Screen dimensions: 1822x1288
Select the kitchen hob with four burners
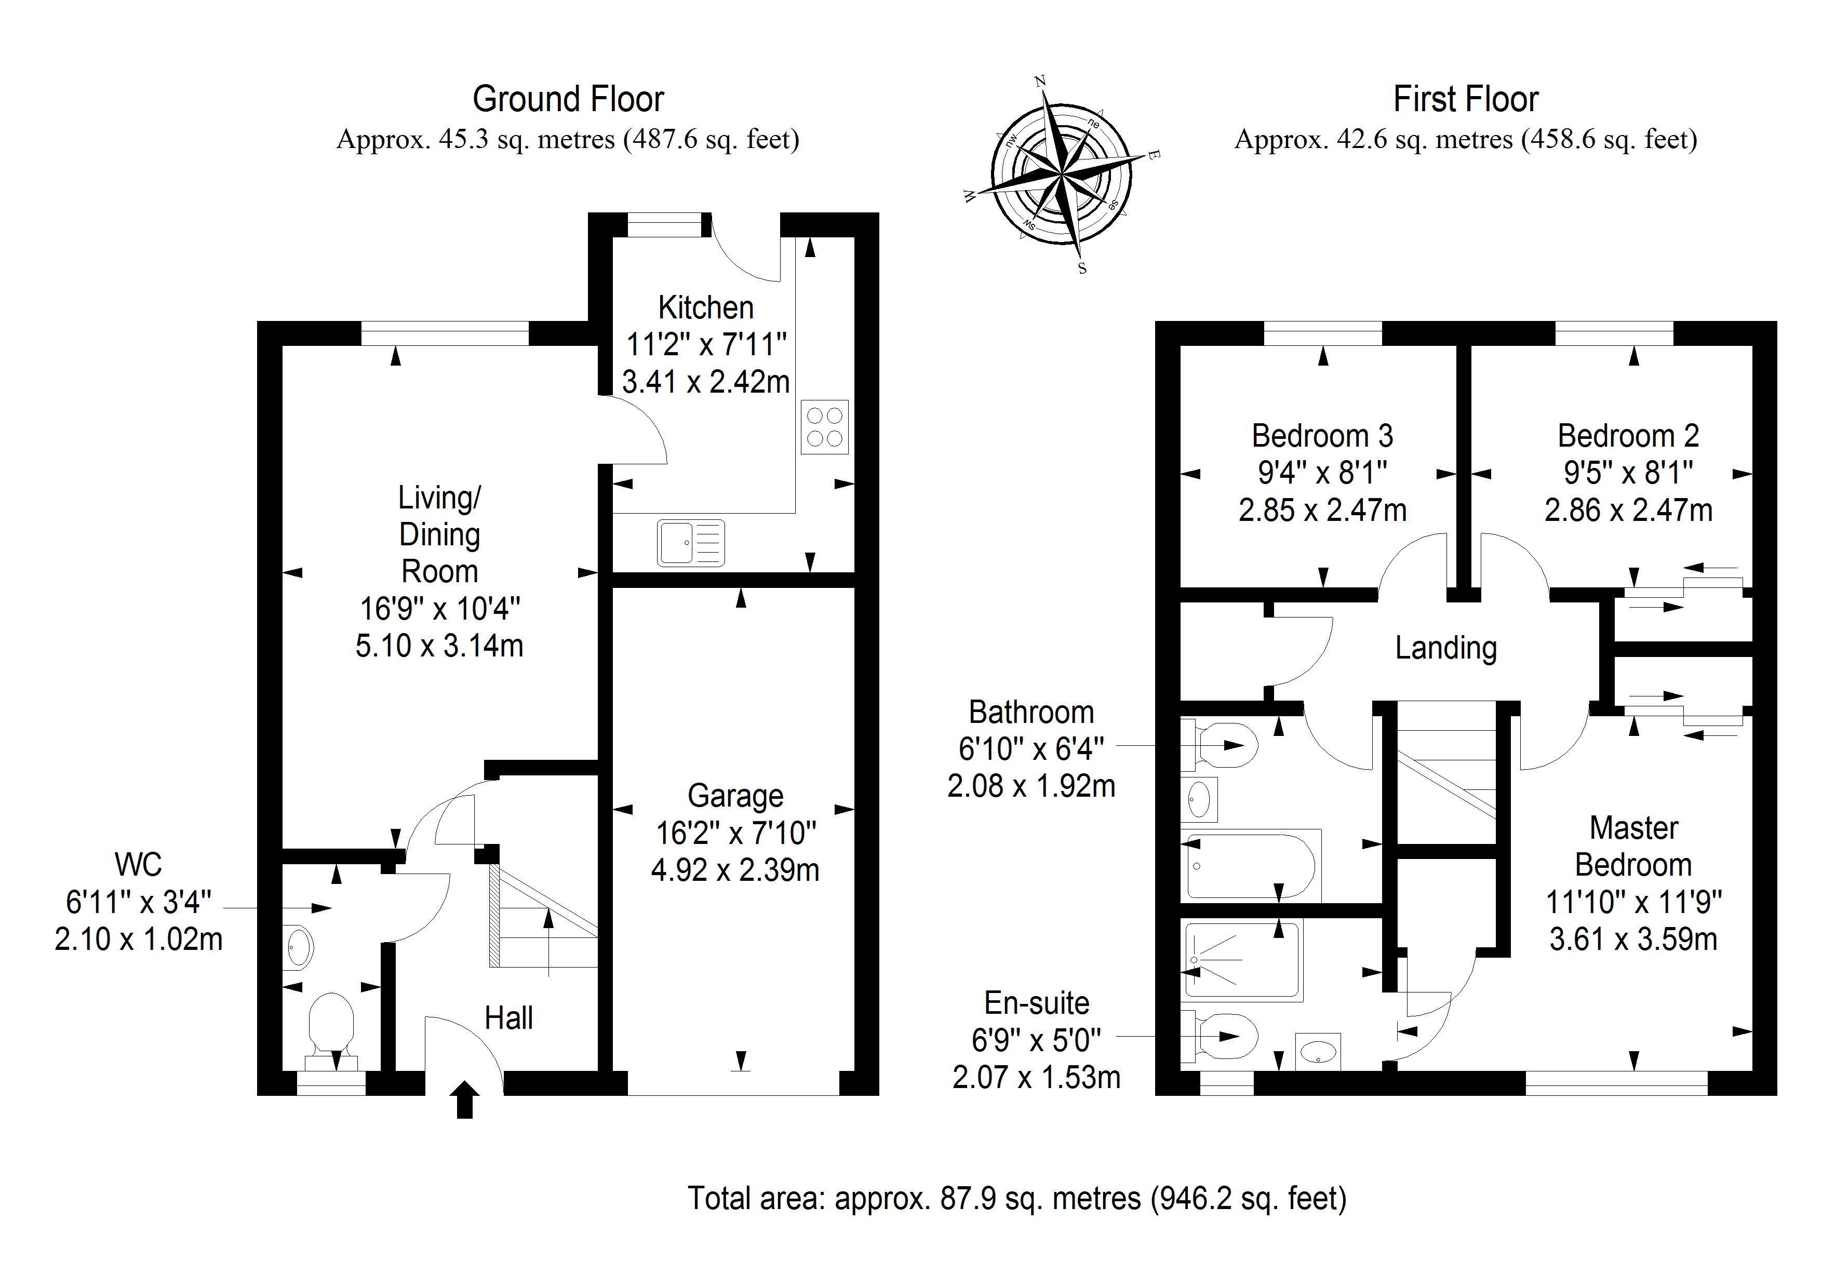824,427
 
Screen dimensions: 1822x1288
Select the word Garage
735,795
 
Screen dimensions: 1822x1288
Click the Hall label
508,1018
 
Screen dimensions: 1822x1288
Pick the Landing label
1446,648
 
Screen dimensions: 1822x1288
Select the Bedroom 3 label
1322,436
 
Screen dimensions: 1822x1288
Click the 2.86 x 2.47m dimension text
1628,509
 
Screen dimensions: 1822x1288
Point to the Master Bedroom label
1633,846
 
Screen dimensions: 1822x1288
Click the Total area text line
1016,1198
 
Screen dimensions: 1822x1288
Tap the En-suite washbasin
1318,1052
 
